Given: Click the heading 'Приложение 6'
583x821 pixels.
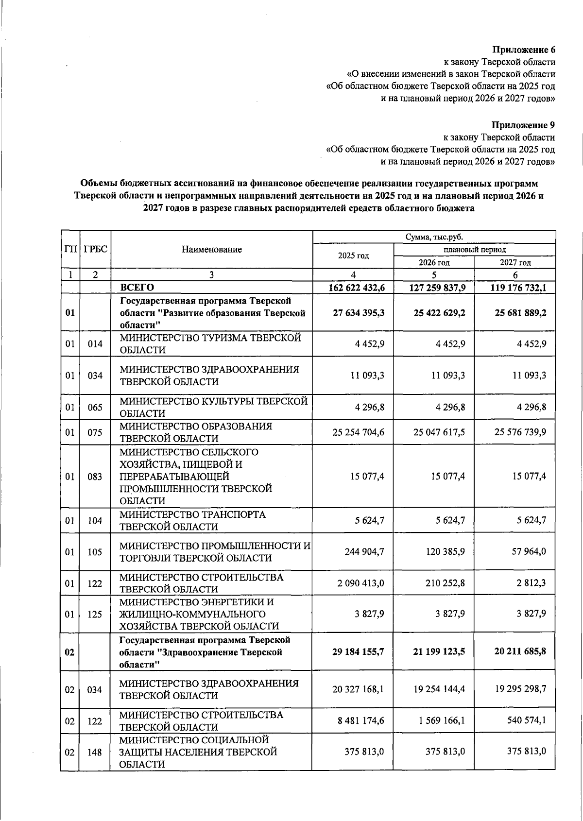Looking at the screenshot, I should coord(524,50).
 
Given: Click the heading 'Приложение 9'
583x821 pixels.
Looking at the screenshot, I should coord(523,125).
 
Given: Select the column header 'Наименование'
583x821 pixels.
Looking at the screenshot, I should coord(211,250).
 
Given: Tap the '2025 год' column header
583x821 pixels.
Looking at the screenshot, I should coord(353,256).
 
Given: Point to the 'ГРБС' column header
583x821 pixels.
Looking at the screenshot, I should coord(95,250).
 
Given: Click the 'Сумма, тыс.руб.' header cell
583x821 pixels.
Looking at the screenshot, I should coord(434,237).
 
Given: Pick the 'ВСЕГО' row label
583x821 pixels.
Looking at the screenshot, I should coord(137,288).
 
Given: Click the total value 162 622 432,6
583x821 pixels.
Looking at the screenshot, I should coord(357,288).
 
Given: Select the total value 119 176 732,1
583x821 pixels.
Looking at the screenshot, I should coord(518,288).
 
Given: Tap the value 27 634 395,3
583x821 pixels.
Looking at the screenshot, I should coord(359,313).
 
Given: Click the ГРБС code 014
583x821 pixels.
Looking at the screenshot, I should coord(95,344).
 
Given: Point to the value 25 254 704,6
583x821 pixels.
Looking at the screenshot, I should coord(358,432).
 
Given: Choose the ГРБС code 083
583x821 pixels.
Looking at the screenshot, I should coord(95,477).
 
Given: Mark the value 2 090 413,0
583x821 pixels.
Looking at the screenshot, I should coord(361,583).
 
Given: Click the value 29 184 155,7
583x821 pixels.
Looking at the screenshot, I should coord(358,651).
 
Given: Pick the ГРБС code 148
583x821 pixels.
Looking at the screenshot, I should coord(95,752).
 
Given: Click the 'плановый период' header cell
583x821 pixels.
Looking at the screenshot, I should coord(474,250).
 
